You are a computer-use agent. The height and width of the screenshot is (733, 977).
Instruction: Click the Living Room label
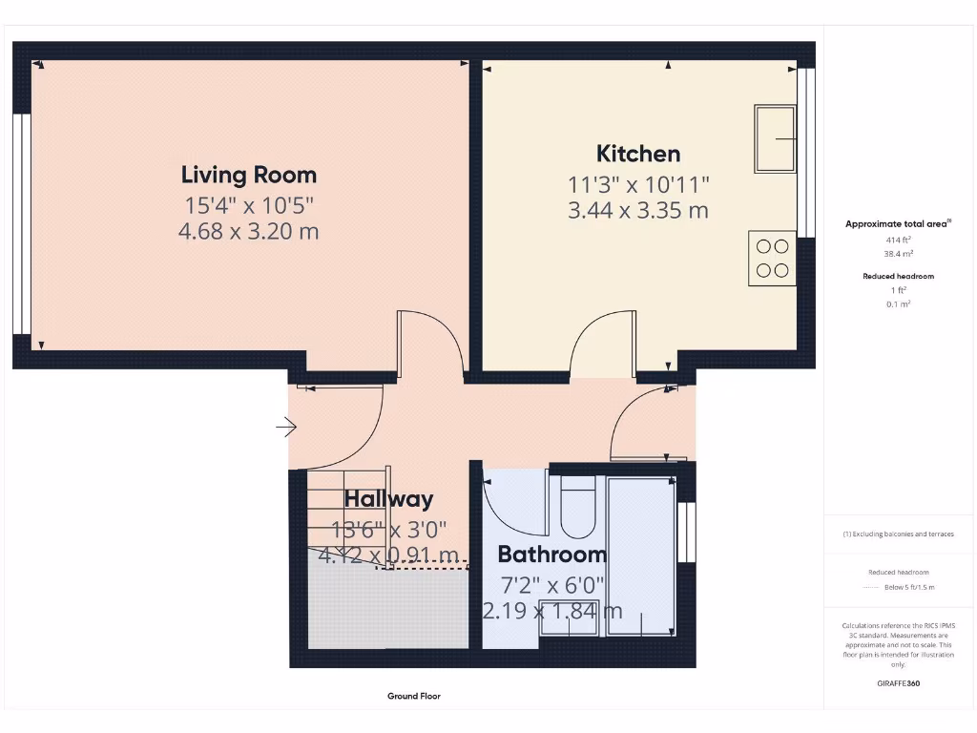point(249,175)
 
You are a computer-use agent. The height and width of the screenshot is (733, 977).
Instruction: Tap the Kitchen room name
point(638,154)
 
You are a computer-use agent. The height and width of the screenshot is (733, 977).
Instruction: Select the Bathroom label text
point(551,555)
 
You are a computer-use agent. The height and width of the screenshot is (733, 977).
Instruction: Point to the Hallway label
point(388,499)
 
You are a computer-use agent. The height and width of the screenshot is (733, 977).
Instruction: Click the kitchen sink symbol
point(776,139)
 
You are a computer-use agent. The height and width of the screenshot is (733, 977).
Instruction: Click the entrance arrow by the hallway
point(285,427)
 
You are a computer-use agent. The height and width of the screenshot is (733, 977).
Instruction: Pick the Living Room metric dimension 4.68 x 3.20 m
point(249,231)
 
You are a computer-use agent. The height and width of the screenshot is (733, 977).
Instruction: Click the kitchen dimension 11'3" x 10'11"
point(638,184)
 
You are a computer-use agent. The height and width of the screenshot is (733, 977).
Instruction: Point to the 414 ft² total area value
point(898,241)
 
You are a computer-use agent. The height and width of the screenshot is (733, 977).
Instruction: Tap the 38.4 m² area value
point(898,255)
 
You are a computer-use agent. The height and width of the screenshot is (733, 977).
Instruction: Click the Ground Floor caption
point(414,697)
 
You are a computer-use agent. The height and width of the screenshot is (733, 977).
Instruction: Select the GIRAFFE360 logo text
point(898,683)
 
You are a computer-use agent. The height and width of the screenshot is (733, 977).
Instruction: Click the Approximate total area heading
point(898,224)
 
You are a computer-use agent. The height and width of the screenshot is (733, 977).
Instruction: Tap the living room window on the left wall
point(20,224)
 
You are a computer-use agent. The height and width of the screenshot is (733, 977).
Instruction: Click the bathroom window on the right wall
point(684,532)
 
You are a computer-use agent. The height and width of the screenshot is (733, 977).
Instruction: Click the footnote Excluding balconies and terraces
point(898,534)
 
